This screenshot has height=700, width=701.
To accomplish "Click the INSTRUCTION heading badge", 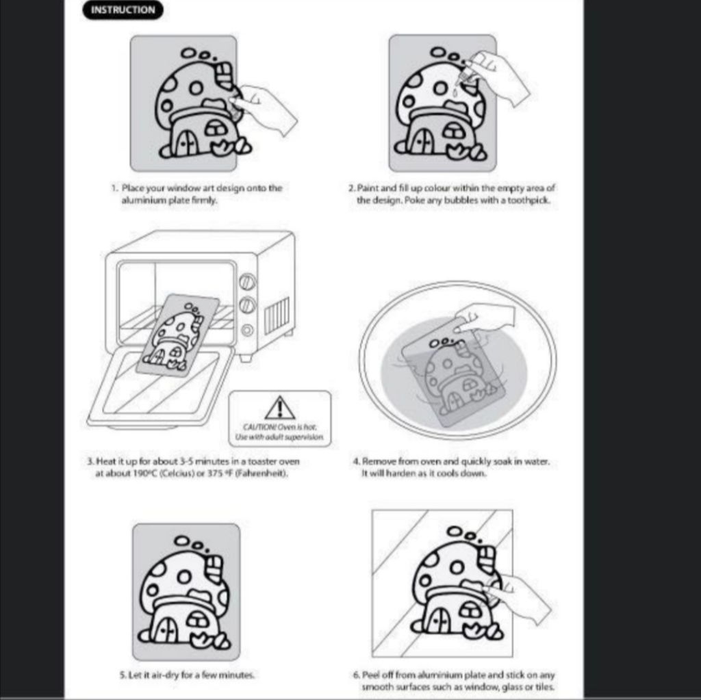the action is coord(123,10).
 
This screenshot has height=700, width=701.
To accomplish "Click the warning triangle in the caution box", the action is coord(279,408).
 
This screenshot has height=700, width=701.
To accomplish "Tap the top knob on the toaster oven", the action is coord(247,282).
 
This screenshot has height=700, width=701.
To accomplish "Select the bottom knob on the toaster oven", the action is coord(247,330).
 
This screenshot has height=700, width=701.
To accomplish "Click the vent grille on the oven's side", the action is coord(277,316).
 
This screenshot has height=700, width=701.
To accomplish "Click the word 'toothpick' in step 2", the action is coord(531,200).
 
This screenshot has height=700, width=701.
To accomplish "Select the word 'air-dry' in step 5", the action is coord(166,675).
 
